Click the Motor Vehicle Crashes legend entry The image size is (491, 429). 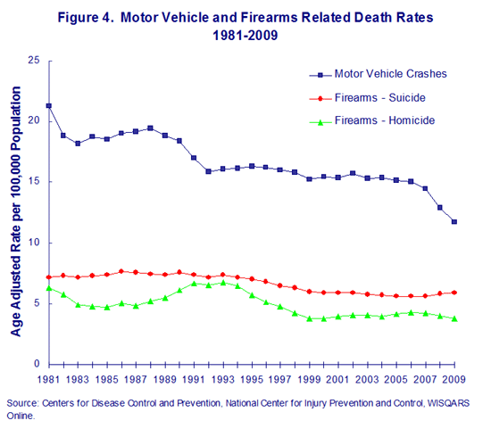click(x=378, y=74)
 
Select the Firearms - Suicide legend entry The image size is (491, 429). click(x=367, y=98)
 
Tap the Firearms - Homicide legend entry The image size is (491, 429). click(x=371, y=120)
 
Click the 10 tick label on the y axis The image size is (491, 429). click(x=34, y=243)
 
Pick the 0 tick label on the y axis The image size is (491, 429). click(x=37, y=364)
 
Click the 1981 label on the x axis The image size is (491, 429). click(x=48, y=379)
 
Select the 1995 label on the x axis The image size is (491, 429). click(x=252, y=379)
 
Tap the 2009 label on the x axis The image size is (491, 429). click(x=454, y=379)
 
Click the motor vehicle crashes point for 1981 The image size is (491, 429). click(x=49, y=106)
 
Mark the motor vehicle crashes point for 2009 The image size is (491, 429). click(x=454, y=222)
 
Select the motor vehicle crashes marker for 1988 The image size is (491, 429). click(x=150, y=128)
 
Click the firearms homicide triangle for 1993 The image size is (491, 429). click(x=223, y=283)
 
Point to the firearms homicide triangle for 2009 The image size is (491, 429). click(x=454, y=318)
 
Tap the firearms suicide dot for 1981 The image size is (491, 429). click(x=49, y=277)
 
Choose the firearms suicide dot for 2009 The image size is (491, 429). click(x=454, y=293)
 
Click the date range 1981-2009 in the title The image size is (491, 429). click(x=245, y=35)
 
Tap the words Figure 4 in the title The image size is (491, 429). click(x=85, y=18)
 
